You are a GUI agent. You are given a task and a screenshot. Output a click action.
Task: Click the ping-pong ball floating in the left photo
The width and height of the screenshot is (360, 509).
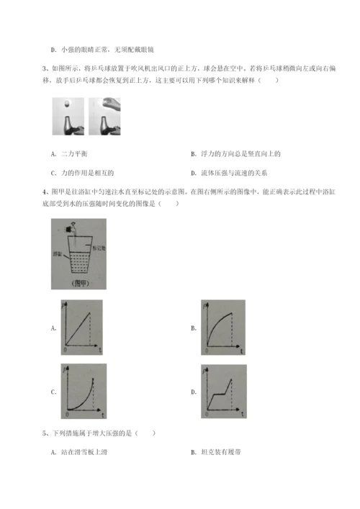[x=66, y=104]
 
